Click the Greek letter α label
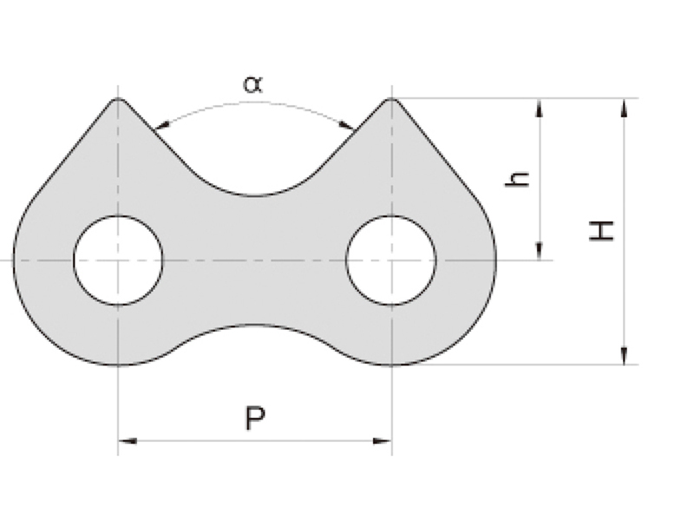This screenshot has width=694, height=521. (x=253, y=84)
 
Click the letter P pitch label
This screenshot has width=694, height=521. (x=255, y=419)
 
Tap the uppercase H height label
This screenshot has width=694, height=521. (x=602, y=231)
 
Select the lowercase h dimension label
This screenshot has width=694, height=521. (x=517, y=179)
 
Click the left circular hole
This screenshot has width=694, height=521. (x=118, y=260)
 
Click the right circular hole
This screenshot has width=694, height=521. (x=391, y=260)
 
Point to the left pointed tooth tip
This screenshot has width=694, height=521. (x=118, y=98)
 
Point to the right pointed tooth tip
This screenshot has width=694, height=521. (x=392, y=98)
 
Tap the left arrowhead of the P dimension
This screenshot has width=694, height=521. (x=128, y=441)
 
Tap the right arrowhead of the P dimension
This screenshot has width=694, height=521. (x=383, y=441)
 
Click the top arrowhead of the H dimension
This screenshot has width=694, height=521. (x=624, y=108)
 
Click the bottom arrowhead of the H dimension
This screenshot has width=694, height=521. (x=624, y=355)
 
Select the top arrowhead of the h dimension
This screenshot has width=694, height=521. (x=539, y=108)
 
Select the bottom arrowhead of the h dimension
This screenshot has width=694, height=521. (x=539, y=251)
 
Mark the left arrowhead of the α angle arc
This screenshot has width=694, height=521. (x=162, y=125)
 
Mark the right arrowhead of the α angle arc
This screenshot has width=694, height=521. (x=346, y=125)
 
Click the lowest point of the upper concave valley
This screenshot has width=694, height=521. (x=254, y=195)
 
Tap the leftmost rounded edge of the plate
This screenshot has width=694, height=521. (x=13, y=259)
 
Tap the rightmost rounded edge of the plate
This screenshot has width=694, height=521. (x=496, y=259)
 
